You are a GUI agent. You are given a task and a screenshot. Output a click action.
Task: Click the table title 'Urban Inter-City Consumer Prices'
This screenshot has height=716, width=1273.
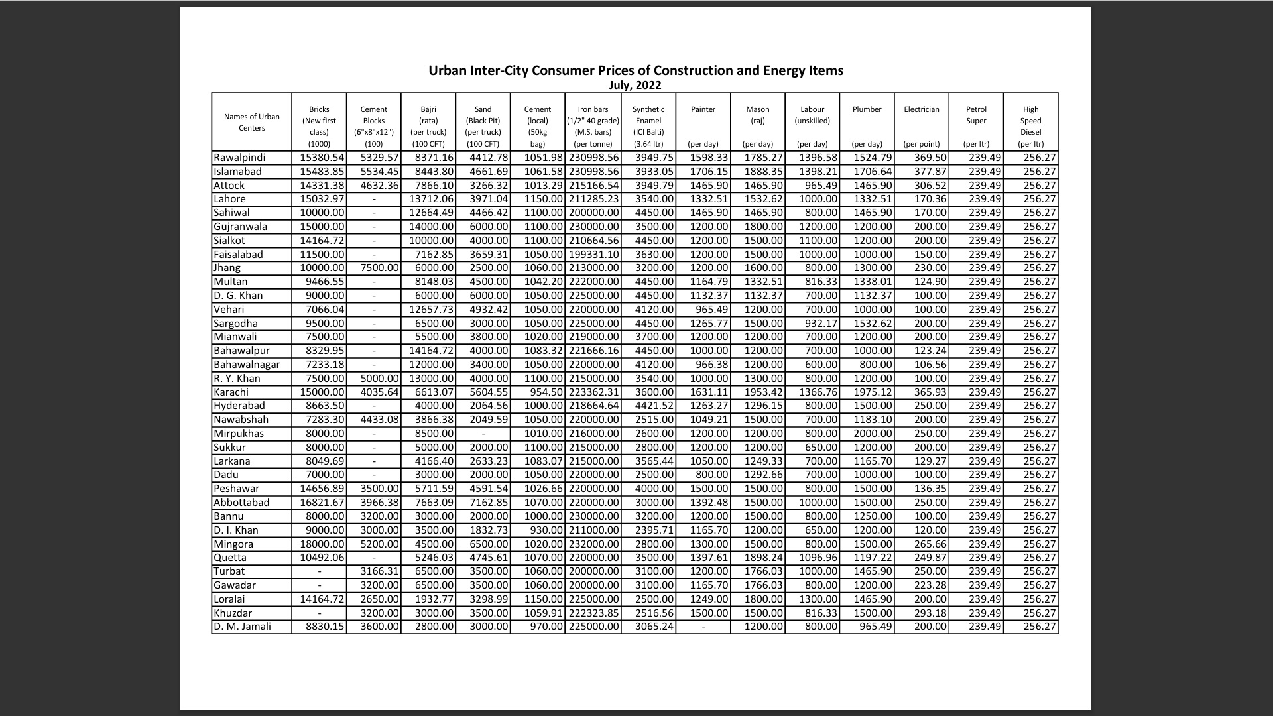click(635, 70)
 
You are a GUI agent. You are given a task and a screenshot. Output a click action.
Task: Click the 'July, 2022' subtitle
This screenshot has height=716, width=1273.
click(635, 85)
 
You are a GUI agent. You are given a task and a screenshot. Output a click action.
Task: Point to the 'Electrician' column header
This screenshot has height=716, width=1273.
click(921, 110)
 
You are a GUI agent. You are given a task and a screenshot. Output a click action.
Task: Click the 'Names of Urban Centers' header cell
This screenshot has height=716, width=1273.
click(251, 122)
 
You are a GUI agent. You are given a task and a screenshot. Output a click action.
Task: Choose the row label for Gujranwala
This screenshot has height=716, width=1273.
click(240, 227)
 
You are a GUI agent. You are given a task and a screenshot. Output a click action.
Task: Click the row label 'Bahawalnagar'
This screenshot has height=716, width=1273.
click(247, 365)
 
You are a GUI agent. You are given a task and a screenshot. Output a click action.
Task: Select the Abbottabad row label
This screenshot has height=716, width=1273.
click(241, 503)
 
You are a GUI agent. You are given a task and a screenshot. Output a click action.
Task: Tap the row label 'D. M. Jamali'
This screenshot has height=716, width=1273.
click(242, 626)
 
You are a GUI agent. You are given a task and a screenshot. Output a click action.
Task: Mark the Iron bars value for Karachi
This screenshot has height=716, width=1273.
click(593, 392)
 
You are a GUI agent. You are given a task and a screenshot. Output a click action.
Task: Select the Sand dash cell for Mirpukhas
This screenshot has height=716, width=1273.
click(483, 434)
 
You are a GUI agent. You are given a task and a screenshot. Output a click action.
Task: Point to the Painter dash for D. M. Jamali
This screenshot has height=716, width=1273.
click(703, 626)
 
